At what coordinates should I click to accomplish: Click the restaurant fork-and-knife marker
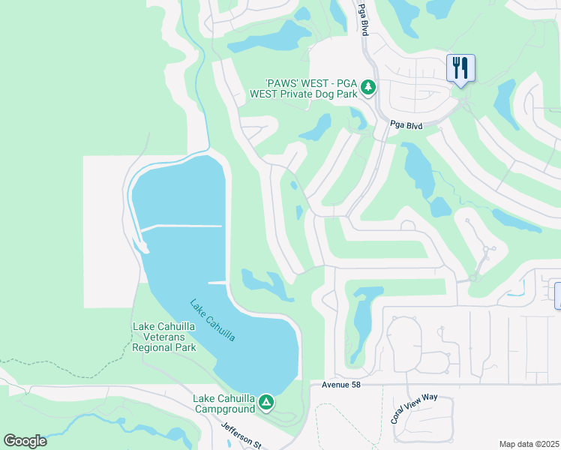(459, 68)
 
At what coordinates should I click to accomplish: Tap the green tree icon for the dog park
(367, 88)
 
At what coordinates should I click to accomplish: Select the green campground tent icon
(266, 403)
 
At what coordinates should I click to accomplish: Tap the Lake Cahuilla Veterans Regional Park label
(164, 337)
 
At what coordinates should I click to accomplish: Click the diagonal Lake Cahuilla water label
(212, 321)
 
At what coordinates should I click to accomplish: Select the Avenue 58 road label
(346, 384)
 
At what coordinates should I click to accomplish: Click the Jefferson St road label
(241, 433)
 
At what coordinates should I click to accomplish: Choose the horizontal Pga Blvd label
(406, 126)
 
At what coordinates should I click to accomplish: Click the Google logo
(25, 441)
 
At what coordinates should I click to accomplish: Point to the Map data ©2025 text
(529, 444)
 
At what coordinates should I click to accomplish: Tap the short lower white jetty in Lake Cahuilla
(217, 282)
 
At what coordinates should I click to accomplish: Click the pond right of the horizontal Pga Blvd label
(418, 169)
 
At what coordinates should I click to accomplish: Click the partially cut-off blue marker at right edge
(557, 295)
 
